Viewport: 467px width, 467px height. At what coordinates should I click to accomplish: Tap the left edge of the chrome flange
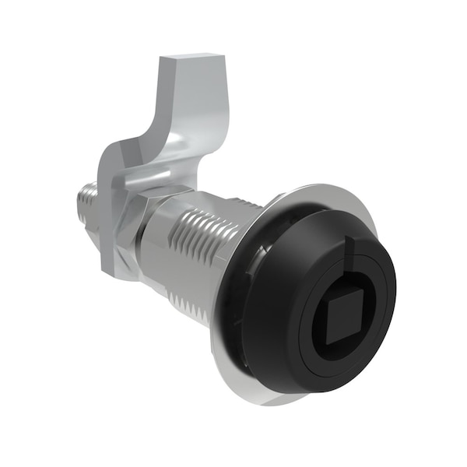(x=216, y=327)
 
